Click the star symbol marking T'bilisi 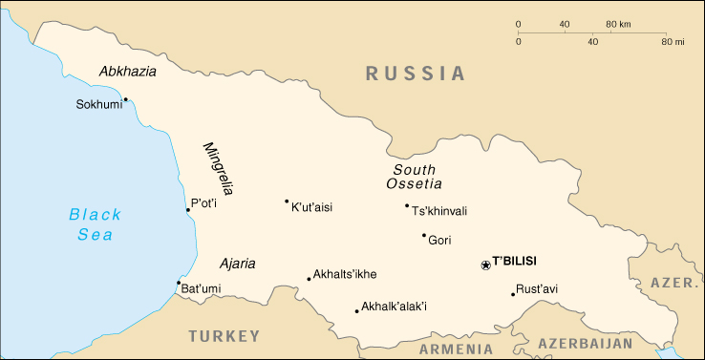pos(485,265)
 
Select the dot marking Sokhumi pos(125,99)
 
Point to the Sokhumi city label pos(99,105)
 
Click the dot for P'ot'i pos(187,210)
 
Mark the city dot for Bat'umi pos(179,283)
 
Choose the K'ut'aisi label pos(311,206)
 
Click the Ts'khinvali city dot pos(406,205)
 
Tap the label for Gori pos(439,241)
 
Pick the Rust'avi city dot pos(513,294)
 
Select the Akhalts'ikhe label pos(345,275)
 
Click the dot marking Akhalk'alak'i pos(356,310)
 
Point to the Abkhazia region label pos(127,72)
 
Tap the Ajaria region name pos(237,264)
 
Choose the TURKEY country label pos(224,336)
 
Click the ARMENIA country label pos(456,349)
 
